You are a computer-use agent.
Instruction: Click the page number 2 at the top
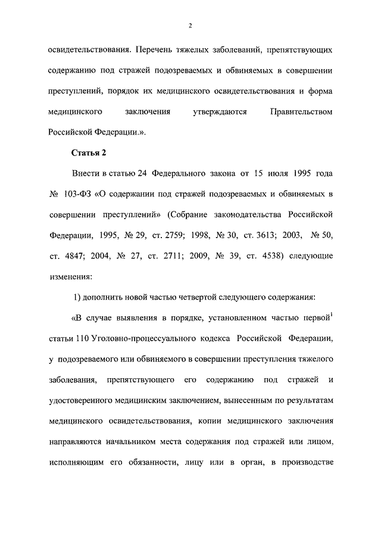pyautogui.click(x=190, y=24)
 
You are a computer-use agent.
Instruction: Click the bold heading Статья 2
pyautogui.click(x=89, y=153)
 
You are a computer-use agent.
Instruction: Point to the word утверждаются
pyautogui.click(x=217, y=111)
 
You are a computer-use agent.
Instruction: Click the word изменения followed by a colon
pyautogui.click(x=70, y=278)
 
